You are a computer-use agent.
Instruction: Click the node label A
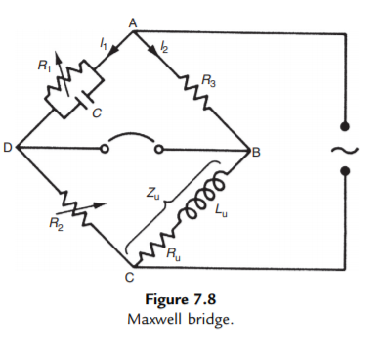pyautogui.click(x=132, y=22)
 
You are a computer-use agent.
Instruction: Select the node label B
pyautogui.click(x=257, y=153)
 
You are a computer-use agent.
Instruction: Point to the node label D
pyautogui.click(x=8, y=148)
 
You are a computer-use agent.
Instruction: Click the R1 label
pyautogui.click(x=42, y=67)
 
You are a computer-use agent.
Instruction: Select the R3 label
pyautogui.click(x=208, y=79)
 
